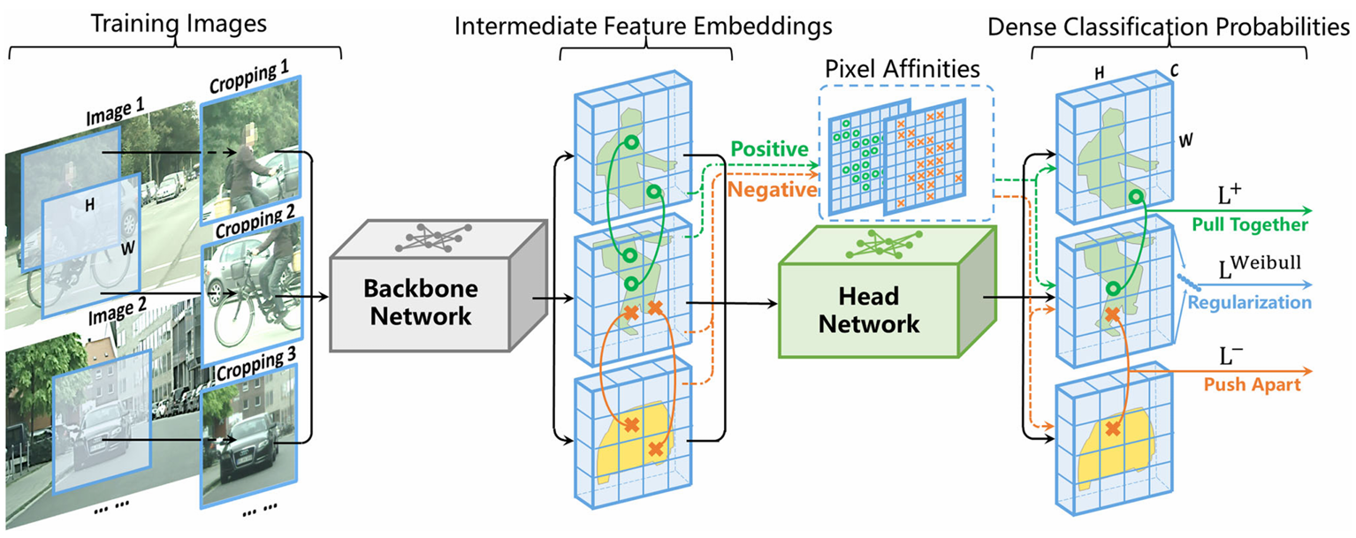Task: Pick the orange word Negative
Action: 766,191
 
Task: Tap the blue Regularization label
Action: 1250,303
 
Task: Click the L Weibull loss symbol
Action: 1261,264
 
